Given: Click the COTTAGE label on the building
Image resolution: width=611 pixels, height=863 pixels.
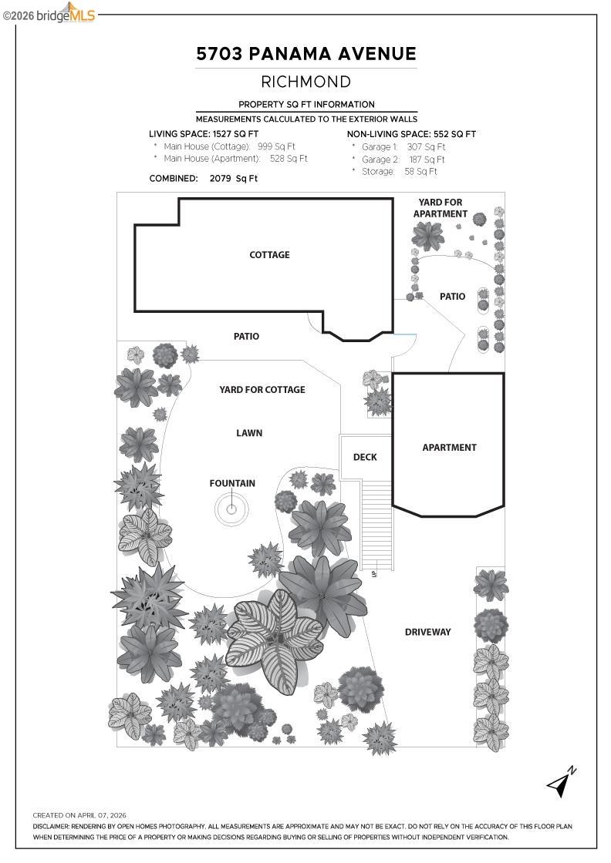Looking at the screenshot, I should click(269, 255).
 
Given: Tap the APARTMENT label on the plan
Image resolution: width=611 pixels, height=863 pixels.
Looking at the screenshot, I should click(449, 448).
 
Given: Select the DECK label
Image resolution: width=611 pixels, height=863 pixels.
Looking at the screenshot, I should click(365, 457).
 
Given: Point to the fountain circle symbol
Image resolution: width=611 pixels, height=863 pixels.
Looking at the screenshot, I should click(231, 509).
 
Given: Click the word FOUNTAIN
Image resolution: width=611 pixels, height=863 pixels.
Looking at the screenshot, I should click(232, 484).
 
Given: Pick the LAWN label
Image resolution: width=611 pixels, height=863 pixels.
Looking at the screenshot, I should click(249, 433).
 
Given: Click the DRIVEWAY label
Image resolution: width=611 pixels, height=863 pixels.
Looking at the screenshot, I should click(428, 633).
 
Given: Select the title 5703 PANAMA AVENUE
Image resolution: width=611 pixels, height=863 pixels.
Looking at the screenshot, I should click(306, 54).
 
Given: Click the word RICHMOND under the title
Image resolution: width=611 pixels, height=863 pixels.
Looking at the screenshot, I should click(306, 82).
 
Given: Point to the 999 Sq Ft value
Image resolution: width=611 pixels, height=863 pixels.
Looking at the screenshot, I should click(276, 146).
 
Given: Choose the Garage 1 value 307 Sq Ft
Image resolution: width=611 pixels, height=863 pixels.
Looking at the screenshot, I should click(426, 146).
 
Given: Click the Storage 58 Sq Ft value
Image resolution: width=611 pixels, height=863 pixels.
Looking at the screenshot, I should click(420, 172).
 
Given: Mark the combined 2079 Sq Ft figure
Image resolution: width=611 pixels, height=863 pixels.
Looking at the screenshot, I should click(234, 178).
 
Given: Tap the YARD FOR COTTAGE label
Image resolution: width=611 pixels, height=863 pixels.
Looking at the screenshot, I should click(262, 390).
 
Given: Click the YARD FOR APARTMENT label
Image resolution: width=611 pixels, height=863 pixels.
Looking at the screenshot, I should click(441, 208).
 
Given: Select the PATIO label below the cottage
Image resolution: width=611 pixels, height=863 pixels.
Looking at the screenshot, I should click(246, 337).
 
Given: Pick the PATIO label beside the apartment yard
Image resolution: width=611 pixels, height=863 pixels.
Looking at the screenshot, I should click(452, 297).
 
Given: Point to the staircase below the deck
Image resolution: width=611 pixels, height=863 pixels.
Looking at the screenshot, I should click(377, 524).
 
